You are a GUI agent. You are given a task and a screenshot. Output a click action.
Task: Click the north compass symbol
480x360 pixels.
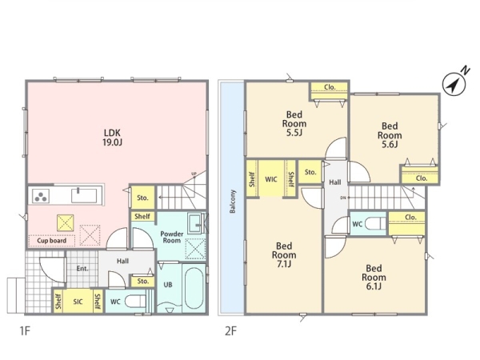[x=454, y=83]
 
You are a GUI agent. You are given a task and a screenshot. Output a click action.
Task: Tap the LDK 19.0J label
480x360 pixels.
[x=112, y=138]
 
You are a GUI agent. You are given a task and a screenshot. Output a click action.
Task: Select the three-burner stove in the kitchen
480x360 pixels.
[x=41, y=196]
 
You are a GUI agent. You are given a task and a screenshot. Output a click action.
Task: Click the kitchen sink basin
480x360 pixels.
[x=84, y=196]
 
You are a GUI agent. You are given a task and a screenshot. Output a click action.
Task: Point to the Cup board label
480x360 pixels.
[x=51, y=241]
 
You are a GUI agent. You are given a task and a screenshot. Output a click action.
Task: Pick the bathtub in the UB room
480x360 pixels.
[x=194, y=288]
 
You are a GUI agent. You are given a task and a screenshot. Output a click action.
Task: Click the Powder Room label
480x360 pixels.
[x=172, y=238]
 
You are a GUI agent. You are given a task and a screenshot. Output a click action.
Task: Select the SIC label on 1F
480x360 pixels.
[x=78, y=302]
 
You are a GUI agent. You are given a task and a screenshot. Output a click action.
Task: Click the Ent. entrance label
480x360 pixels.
[x=82, y=269]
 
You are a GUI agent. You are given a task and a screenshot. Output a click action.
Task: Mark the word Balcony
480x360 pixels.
[x=233, y=201]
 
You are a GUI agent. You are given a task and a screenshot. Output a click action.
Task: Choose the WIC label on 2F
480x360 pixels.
[x=271, y=179]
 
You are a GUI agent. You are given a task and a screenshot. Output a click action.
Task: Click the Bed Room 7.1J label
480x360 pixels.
[x=284, y=255]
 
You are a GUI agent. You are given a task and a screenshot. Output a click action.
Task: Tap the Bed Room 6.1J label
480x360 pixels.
[x=374, y=278]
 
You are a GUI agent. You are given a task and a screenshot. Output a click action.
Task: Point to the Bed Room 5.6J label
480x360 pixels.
[x=390, y=135]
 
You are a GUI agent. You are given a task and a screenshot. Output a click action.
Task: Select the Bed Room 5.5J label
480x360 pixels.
[x=294, y=124]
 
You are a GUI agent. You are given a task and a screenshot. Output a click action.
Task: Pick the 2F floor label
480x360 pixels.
[x=231, y=331]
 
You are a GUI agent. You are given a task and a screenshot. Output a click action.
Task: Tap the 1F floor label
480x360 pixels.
[x=25, y=331]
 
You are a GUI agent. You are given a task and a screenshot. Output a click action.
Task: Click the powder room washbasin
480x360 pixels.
[x=194, y=223]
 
